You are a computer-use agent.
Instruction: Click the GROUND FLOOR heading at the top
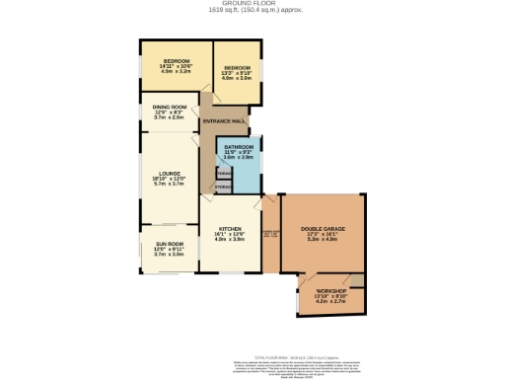coord(252,4)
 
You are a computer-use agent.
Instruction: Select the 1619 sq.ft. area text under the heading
coord(252,11)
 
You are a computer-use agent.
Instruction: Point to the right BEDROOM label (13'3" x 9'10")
coord(237,69)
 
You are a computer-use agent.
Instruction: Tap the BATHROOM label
coord(238,147)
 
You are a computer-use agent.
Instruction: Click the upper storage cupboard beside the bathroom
coord(224,172)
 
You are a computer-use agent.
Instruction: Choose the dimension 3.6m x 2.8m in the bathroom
coord(238,157)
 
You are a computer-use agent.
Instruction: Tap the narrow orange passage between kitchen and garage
coord(269,237)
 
